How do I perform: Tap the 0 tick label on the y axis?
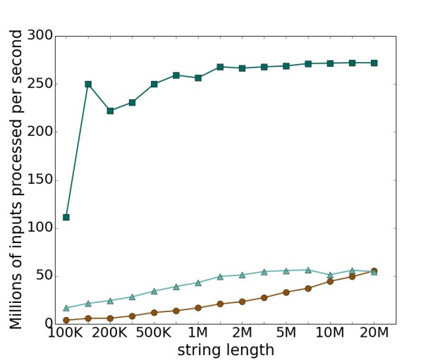click(47, 324)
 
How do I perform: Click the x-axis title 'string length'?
click(226, 350)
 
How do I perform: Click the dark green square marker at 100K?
click(66, 217)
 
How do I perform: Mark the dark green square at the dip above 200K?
click(110, 111)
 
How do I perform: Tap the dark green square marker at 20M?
click(374, 63)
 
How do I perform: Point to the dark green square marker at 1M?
click(198, 77)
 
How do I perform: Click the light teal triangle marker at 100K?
click(66, 308)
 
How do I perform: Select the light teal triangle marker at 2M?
click(242, 275)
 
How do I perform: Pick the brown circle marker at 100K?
click(66, 321)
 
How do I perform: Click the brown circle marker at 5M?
click(286, 292)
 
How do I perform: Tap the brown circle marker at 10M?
click(330, 281)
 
